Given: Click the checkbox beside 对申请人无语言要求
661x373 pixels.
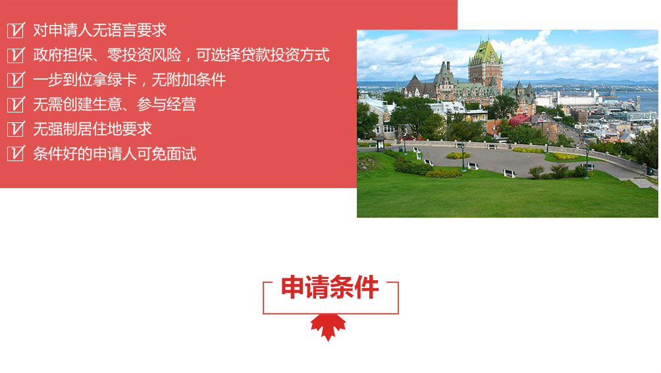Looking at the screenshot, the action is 16,30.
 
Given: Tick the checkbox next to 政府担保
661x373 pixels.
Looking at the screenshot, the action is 16,55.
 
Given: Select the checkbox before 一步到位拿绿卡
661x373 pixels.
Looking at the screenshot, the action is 16,80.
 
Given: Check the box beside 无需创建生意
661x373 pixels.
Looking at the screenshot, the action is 16,105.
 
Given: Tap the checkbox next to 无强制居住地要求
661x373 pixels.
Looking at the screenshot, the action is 16,129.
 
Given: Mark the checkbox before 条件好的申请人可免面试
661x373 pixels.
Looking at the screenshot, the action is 16,154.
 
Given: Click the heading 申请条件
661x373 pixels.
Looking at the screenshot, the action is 330,287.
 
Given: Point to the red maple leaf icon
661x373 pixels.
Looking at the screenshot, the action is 328,327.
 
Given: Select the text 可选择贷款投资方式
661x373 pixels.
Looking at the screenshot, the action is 263,55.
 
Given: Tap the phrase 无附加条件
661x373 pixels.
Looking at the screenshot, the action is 188,80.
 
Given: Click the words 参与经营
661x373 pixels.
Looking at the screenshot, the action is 166,105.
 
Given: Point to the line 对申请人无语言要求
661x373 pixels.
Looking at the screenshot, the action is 100,30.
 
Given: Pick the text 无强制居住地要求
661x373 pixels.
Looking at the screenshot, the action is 92,129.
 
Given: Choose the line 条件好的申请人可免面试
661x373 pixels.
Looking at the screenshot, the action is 115,154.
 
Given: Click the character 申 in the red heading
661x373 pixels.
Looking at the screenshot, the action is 293,287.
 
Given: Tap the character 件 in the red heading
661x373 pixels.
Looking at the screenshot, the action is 367,287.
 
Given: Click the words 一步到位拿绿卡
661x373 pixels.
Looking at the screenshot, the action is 85,80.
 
